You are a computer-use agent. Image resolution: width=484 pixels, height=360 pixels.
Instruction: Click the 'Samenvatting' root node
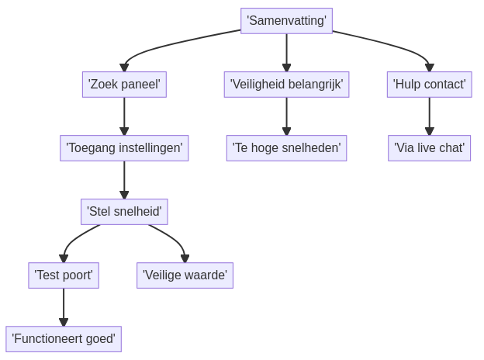(286, 21)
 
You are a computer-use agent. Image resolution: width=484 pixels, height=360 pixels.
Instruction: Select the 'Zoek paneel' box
(124, 84)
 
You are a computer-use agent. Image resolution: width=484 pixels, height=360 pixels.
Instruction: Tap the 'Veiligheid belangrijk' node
(286, 84)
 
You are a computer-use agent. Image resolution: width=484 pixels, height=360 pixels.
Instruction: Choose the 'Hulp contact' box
(429, 84)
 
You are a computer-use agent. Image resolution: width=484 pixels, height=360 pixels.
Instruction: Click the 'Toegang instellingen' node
(124, 147)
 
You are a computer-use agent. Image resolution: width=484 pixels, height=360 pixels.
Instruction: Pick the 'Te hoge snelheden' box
(286, 147)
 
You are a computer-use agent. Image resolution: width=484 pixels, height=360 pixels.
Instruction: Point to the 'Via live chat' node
(429, 147)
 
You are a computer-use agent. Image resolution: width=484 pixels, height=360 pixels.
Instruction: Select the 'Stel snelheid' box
(124, 211)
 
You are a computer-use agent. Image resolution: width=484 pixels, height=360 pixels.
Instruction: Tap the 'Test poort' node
(64, 275)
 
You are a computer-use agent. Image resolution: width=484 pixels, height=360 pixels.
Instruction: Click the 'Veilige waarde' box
(185, 275)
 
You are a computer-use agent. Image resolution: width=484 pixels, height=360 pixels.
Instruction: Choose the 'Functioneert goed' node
(64, 338)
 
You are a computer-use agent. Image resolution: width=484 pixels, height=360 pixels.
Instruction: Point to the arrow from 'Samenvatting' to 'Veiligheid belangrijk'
(286, 52)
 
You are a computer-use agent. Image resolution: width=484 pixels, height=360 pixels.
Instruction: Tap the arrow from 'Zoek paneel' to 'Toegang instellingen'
(124, 116)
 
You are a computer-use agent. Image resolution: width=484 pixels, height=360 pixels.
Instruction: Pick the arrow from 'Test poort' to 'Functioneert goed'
(64, 306)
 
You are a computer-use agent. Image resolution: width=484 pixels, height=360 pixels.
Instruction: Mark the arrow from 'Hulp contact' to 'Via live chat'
(429, 116)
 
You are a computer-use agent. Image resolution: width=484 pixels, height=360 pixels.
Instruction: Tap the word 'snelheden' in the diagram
(313, 147)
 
